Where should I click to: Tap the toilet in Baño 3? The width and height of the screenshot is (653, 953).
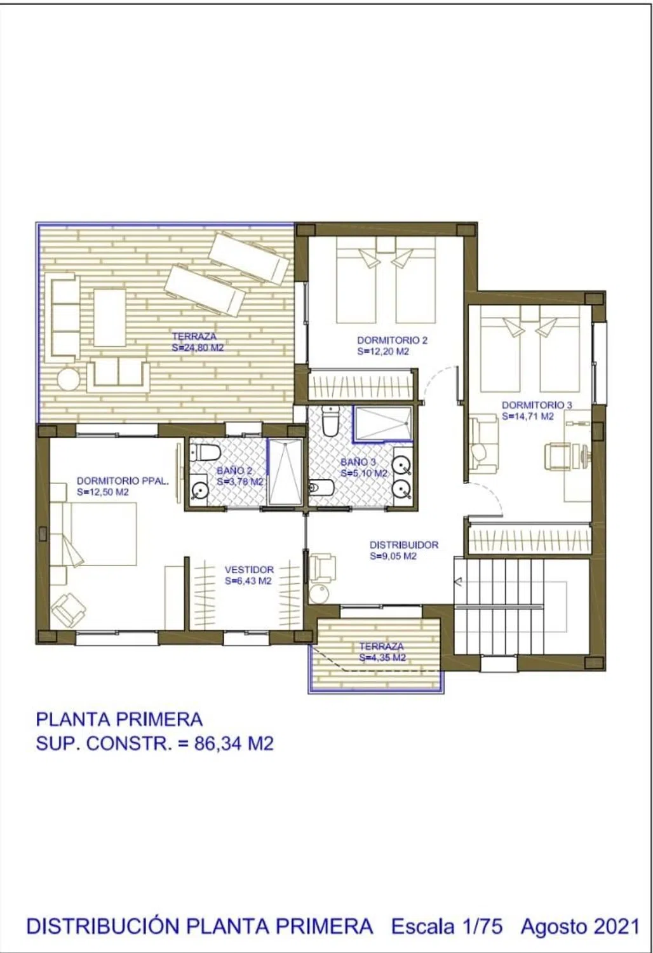[330, 421]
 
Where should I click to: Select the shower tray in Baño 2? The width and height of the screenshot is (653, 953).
[285, 472]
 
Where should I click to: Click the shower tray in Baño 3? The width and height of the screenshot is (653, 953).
[383, 423]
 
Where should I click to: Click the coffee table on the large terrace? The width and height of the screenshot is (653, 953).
[110, 318]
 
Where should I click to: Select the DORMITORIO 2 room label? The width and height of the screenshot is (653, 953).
[392, 341]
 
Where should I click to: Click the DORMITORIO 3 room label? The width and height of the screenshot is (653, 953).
[537, 405]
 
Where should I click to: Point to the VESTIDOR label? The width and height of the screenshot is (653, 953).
[249, 570]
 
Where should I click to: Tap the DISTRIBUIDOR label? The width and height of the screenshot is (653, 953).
[403, 545]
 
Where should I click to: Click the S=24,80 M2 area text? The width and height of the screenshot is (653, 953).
[198, 348]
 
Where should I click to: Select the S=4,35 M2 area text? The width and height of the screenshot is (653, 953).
[382, 658]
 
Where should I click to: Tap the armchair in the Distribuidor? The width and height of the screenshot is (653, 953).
[323, 569]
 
